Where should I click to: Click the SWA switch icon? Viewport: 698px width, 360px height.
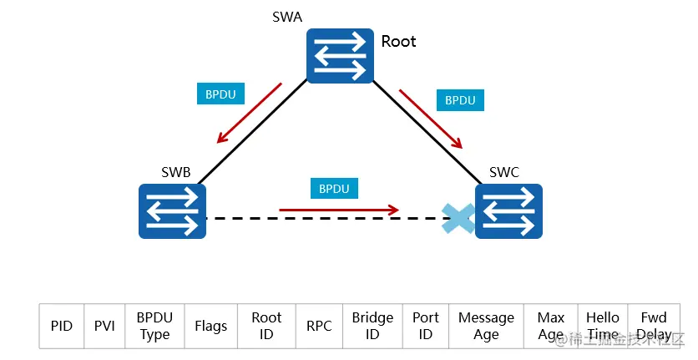click(339, 56)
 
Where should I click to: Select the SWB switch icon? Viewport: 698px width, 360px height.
click(172, 210)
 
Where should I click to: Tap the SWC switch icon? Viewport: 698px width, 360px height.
click(508, 210)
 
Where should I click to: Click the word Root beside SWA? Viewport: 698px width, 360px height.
click(398, 41)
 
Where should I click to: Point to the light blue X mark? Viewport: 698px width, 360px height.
click(458, 217)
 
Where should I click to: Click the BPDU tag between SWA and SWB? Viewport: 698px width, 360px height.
click(220, 94)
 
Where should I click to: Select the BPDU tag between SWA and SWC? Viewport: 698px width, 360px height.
click(460, 100)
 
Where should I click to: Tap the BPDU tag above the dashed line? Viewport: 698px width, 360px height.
click(334, 188)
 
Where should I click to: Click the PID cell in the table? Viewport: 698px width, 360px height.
click(62, 326)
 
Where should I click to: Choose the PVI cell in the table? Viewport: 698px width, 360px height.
click(104, 326)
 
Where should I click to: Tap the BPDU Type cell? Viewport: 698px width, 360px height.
click(154, 326)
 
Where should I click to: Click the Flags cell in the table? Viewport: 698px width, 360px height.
click(210, 326)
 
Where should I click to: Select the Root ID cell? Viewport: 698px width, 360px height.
click(266, 326)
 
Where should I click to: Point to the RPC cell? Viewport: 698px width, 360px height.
click(319, 326)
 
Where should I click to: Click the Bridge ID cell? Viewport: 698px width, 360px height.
click(372, 326)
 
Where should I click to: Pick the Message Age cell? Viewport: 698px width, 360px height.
click(486, 326)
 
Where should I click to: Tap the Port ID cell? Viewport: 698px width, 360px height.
click(426, 326)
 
